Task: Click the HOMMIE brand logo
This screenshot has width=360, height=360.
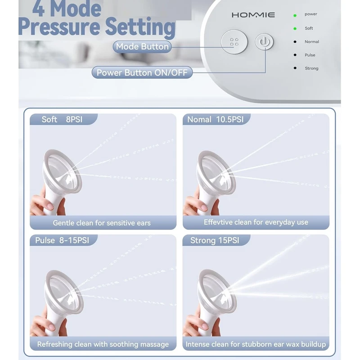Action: [x=253, y=15]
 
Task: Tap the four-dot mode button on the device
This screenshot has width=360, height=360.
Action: [x=234, y=42]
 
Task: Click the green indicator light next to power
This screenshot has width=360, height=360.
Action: [x=295, y=15]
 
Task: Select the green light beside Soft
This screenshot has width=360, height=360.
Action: [x=295, y=28]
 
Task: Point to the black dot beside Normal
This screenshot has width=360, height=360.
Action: [x=295, y=42]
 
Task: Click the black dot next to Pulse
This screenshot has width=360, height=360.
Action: [x=295, y=55]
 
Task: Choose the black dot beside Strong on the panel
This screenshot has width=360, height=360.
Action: [x=295, y=68]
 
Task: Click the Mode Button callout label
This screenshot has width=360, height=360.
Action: [x=142, y=47]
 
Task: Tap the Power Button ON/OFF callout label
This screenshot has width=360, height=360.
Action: [x=142, y=72]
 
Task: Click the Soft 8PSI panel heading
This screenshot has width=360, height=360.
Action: [x=62, y=119]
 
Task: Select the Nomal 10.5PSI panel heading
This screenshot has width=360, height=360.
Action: [x=216, y=119]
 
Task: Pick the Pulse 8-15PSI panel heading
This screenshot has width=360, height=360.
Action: [x=62, y=240]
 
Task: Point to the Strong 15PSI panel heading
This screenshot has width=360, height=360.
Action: [x=215, y=240]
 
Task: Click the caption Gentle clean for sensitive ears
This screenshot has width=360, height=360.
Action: [x=102, y=223]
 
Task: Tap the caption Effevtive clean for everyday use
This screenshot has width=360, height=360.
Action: [x=256, y=222]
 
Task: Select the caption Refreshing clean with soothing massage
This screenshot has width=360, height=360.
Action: [x=103, y=344]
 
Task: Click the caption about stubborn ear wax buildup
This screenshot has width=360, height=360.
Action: [x=256, y=344]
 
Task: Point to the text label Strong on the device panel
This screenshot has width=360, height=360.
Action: [x=311, y=68]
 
